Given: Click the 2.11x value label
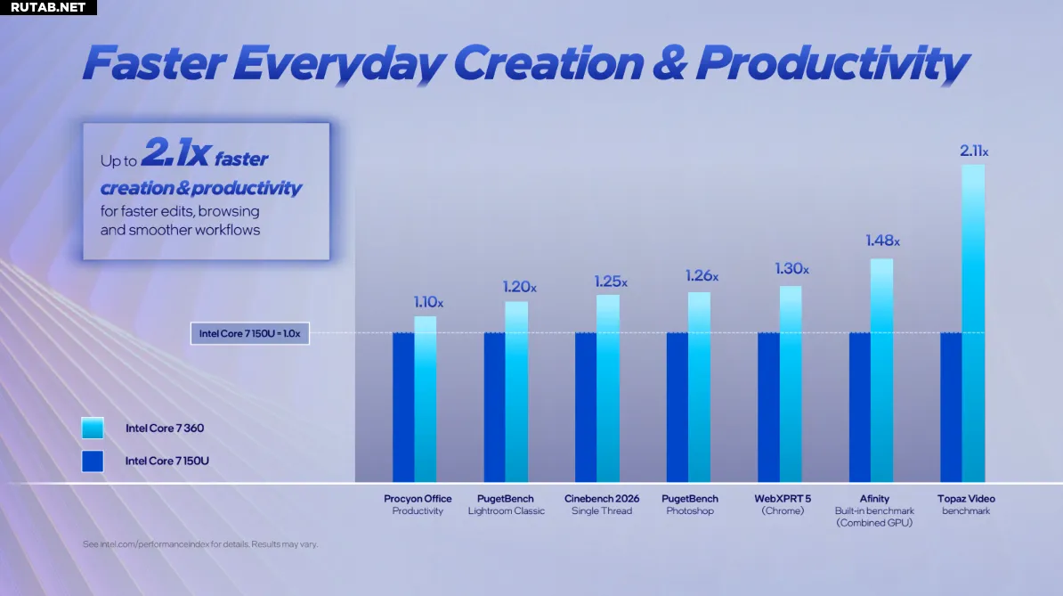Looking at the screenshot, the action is [x=973, y=151].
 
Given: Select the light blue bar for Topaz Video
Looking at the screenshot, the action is [x=973, y=323].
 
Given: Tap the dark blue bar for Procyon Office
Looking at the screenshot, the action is [x=403, y=407].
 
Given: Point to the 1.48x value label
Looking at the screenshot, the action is [x=882, y=241].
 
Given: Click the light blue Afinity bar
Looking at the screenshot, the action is [x=881, y=371].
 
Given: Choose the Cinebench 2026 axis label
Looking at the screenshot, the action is [x=602, y=504].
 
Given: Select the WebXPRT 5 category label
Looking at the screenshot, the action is [x=783, y=504].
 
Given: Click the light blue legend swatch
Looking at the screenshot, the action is [x=93, y=428].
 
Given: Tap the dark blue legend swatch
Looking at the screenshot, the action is [x=93, y=461].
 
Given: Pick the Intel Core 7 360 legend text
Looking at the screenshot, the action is [x=165, y=428].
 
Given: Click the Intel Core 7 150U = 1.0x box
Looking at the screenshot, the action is [x=250, y=333].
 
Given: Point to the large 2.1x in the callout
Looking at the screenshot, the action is [x=176, y=151].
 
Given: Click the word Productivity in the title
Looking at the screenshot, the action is [x=832, y=64].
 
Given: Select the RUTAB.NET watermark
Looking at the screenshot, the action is [x=48, y=7].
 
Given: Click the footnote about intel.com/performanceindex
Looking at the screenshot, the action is [x=200, y=544].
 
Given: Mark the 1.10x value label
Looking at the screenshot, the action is [x=428, y=302].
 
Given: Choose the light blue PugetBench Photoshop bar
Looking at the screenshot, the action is [x=699, y=388].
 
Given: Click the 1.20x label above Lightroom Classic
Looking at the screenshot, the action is [x=519, y=287].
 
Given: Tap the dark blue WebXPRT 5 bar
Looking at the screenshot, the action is [x=769, y=407].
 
